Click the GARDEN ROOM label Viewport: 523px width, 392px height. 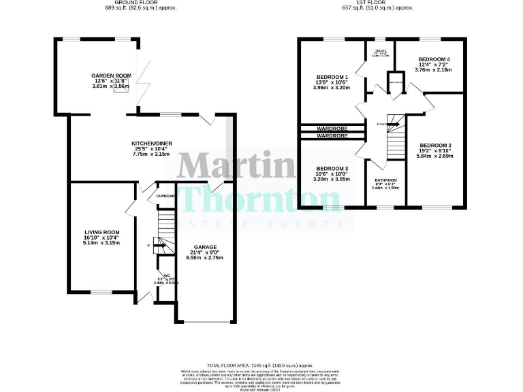click(108, 76)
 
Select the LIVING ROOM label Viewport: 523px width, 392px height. click(97, 232)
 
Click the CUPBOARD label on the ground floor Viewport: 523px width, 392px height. click(165, 196)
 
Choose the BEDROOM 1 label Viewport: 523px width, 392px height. click(332, 77)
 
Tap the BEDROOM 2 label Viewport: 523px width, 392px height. click(436, 145)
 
